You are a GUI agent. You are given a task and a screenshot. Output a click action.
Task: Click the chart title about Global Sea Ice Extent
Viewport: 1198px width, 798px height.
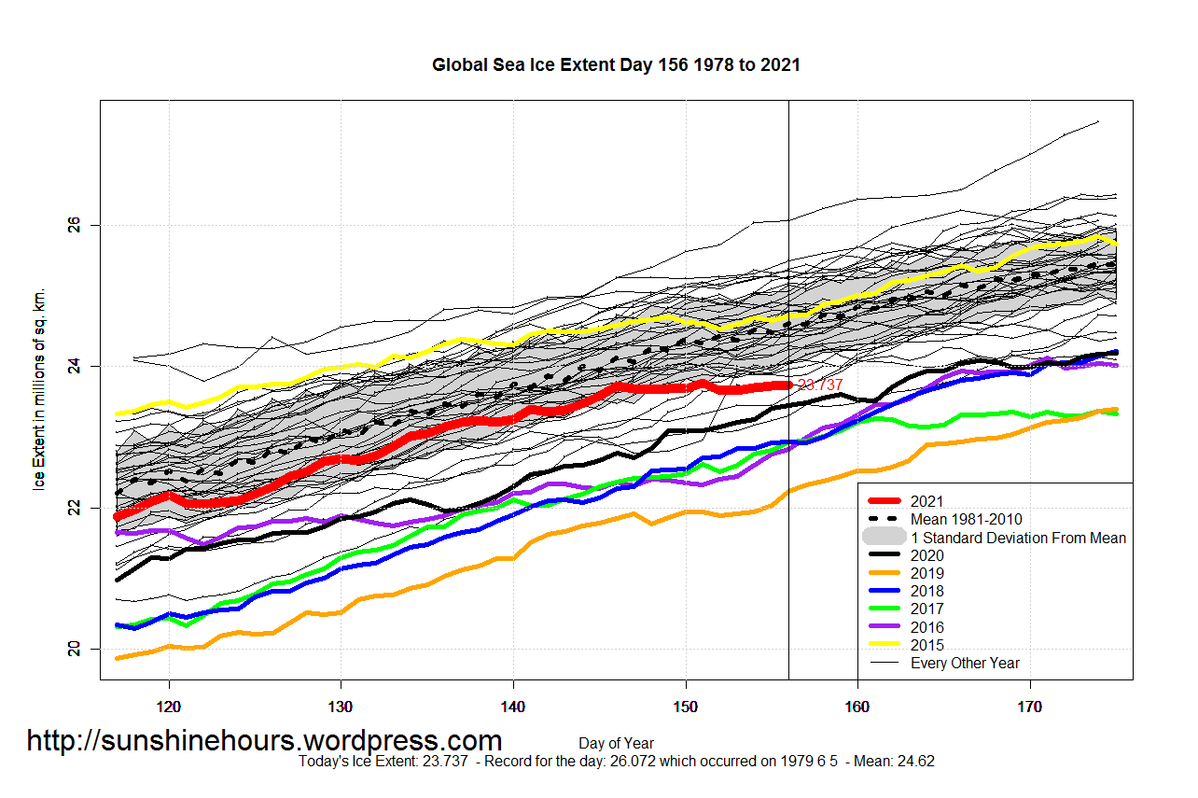pos(616,65)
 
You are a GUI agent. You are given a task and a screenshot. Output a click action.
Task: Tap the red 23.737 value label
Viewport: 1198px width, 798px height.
pos(820,385)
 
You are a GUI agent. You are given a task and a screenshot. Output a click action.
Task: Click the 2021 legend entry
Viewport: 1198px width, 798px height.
pos(926,502)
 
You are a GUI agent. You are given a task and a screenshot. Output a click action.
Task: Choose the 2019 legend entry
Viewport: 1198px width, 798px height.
pos(926,574)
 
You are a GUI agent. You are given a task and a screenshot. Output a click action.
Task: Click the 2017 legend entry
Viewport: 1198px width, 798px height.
pos(926,609)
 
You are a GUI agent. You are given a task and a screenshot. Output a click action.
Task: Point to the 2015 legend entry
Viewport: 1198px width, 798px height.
pos(926,645)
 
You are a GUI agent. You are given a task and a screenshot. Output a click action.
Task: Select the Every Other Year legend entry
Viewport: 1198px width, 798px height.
pos(965,664)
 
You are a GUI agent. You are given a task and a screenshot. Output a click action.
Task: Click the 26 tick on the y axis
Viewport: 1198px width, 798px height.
pos(76,226)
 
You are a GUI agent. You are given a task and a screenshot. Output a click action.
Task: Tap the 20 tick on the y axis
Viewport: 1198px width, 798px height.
pos(76,649)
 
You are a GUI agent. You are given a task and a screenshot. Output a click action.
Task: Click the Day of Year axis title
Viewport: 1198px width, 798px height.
pos(616,744)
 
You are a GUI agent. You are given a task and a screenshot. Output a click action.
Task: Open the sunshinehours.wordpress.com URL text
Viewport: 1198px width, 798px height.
pos(264,741)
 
